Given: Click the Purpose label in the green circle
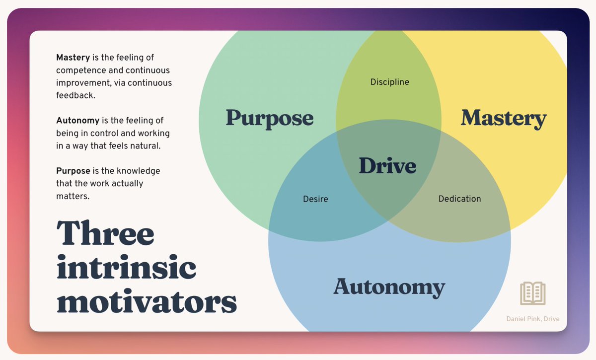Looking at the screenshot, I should tap(270, 118).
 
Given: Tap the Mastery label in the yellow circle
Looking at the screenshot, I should tap(504, 118).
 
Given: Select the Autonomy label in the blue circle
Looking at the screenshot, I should tap(389, 287).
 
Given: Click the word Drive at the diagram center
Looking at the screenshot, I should tap(387, 165).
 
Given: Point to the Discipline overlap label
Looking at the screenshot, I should tap(390, 82).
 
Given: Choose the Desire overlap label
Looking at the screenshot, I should tap(315, 199).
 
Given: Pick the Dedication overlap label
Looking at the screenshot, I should tap(459, 199).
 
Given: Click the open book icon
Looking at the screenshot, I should tap(532, 293).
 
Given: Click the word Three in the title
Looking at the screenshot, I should tap(105, 233).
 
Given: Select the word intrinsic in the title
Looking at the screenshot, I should tap(126, 268).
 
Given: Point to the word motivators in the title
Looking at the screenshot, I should tap(147, 301).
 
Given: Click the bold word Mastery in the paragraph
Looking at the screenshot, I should tap(73, 58).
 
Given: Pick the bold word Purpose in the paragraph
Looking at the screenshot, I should tap(73, 171).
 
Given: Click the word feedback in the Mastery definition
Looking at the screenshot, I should tap(75, 95).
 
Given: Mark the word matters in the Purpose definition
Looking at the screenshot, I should tap(73, 196).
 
